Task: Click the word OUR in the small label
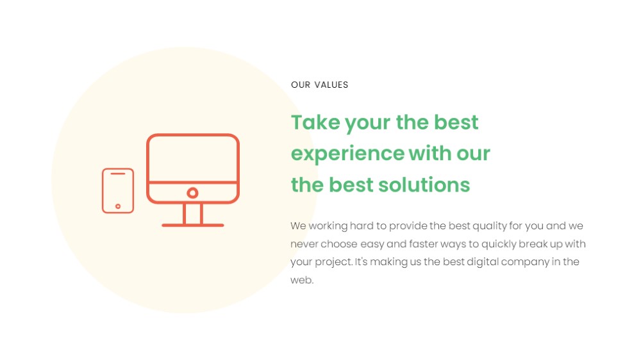[301, 85]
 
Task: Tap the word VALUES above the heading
[331, 85]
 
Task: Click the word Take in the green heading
[315, 122]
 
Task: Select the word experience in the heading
[347, 154]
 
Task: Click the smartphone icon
[118, 191]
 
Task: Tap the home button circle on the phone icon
[118, 206]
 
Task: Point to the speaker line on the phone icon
[118, 174]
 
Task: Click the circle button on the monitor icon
[192, 193]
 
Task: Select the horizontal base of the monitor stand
[192, 225]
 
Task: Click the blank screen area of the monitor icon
[192, 159]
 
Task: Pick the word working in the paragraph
[328, 226]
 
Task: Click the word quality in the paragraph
[489, 226]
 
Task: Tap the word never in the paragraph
[304, 244]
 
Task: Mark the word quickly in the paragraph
[498, 244]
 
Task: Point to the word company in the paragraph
[525, 262]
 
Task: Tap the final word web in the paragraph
[302, 280]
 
